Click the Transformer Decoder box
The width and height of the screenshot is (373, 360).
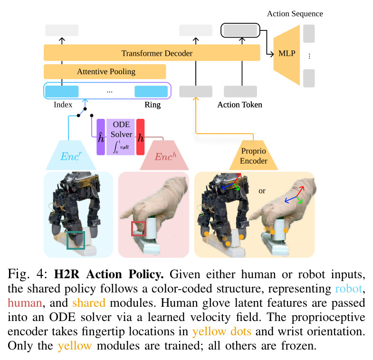(152, 53)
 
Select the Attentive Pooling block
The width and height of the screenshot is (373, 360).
(105, 71)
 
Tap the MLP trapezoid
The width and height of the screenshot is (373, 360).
(287, 55)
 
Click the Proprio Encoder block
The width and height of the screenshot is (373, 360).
(253, 155)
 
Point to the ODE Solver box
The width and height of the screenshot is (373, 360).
(121, 137)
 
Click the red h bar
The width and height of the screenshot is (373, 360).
(140, 137)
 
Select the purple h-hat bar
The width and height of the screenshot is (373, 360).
(101, 137)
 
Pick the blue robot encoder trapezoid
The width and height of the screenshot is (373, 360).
(71, 155)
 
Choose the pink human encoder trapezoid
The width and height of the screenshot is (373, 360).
(164, 155)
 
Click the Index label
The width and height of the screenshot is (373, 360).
(63, 105)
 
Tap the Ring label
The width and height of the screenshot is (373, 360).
(153, 105)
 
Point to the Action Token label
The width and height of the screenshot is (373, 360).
(239, 105)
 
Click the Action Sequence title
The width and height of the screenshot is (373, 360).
(295, 14)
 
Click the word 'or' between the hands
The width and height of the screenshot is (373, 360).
(262, 191)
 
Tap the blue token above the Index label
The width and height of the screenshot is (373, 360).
(62, 91)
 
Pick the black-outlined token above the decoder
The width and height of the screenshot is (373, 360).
(240, 30)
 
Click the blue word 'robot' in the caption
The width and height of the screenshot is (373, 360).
(348, 289)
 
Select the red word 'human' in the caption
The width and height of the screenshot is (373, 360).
(25, 303)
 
